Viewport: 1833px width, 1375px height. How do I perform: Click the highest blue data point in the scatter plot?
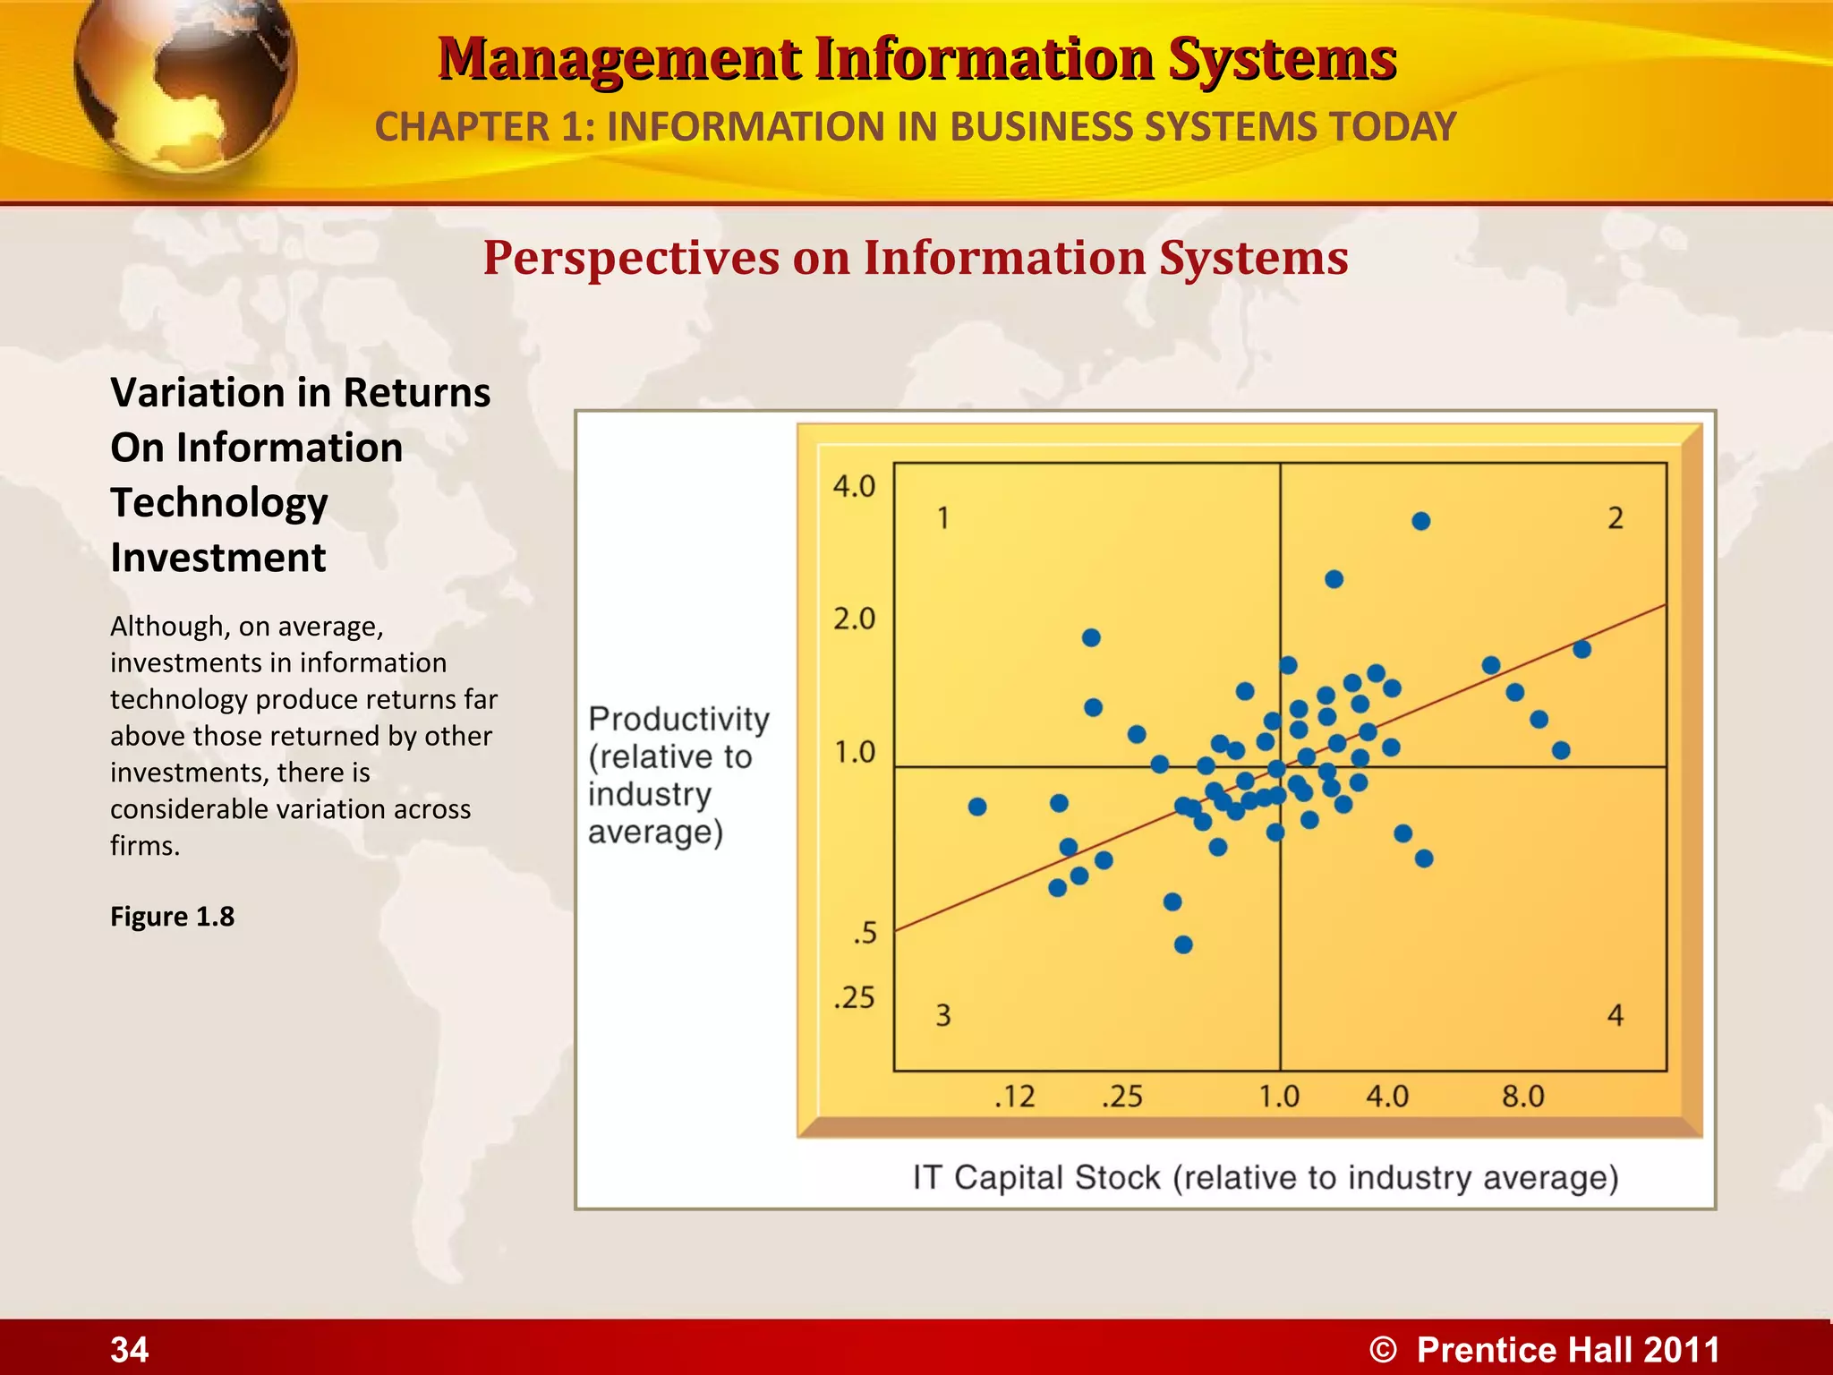point(1420,521)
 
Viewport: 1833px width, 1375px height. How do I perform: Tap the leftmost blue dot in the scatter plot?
point(977,807)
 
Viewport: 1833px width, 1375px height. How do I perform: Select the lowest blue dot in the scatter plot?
point(1183,944)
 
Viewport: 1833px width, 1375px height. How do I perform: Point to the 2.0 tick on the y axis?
point(854,619)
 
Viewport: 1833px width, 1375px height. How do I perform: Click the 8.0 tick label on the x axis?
point(1522,1096)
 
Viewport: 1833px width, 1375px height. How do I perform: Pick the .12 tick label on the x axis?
point(1014,1096)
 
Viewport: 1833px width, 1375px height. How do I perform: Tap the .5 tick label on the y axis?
point(865,934)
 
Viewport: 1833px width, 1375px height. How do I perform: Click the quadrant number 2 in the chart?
point(1615,518)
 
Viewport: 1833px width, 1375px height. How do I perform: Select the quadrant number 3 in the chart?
point(943,1015)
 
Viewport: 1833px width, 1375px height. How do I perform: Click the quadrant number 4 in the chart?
point(1615,1015)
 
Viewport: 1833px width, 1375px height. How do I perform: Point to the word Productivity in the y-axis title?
point(678,720)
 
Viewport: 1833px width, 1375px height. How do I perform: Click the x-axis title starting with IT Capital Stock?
point(1266,1177)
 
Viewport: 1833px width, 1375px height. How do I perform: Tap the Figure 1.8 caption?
point(172,917)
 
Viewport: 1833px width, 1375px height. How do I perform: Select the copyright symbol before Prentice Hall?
point(1383,1350)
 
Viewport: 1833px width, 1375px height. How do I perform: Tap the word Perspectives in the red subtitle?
point(631,258)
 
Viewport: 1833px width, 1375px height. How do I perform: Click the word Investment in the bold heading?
point(218,558)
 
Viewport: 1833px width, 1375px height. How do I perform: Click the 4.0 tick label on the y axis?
point(854,486)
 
